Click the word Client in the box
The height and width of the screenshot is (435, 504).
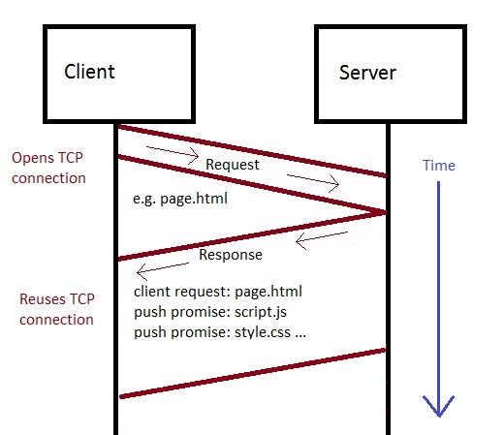click(x=89, y=72)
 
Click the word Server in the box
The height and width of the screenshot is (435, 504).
click(x=367, y=73)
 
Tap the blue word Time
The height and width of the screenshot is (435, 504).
click(x=439, y=166)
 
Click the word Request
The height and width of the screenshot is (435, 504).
click(x=233, y=165)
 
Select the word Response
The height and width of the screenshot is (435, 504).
click(x=231, y=255)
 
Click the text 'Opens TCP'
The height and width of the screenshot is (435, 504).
click(x=47, y=158)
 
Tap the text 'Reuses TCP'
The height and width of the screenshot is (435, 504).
click(x=57, y=299)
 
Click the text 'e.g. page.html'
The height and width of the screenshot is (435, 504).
click(x=180, y=199)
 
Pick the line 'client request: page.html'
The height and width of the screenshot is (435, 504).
click(x=218, y=292)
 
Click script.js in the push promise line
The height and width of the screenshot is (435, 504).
click(x=261, y=312)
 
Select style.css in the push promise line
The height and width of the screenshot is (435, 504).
click(x=263, y=332)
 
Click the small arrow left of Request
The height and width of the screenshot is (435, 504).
click(x=173, y=154)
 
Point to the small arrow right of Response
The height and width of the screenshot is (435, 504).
click(x=322, y=239)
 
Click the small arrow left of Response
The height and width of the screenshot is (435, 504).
click(x=163, y=270)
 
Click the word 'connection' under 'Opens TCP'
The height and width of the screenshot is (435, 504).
click(x=48, y=178)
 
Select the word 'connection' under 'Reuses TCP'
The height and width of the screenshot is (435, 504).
click(x=56, y=320)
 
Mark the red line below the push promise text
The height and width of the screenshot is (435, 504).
click(x=253, y=373)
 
